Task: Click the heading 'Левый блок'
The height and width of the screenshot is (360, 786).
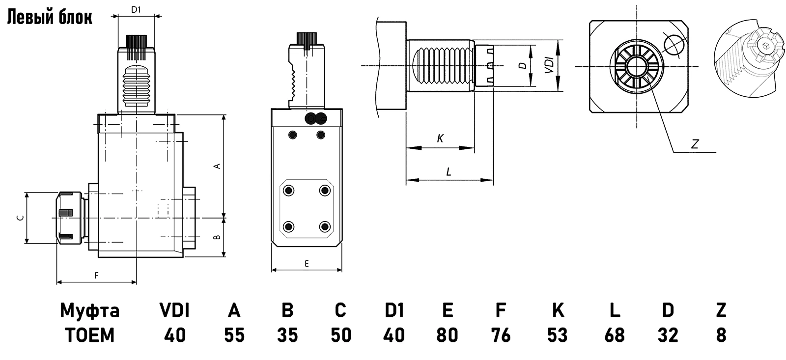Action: click(x=49, y=18)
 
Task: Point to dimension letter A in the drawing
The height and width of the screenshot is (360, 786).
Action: click(x=217, y=166)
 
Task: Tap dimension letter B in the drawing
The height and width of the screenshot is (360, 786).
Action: click(x=217, y=238)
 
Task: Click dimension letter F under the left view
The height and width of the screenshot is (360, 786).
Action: click(x=96, y=276)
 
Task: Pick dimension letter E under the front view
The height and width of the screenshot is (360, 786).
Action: click(x=307, y=264)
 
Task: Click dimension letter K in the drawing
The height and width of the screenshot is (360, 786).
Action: click(x=440, y=139)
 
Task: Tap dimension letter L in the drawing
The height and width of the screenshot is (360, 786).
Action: click(x=449, y=172)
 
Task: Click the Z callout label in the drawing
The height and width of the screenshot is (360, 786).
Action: click(x=695, y=144)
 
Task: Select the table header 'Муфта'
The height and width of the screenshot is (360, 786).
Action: click(x=89, y=310)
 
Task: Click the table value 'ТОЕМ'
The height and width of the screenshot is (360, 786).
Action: click(x=89, y=335)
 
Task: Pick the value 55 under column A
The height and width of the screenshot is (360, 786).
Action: click(x=234, y=335)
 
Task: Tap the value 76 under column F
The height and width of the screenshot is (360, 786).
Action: click(x=501, y=335)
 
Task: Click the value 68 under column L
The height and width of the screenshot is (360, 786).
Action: click(x=615, y=335)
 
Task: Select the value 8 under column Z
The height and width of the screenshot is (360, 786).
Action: click(x=721, y=335)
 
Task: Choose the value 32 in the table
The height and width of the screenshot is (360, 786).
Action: click(x=668, y=335)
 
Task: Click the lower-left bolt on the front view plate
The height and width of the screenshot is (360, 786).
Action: click(x=289, y=226)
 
